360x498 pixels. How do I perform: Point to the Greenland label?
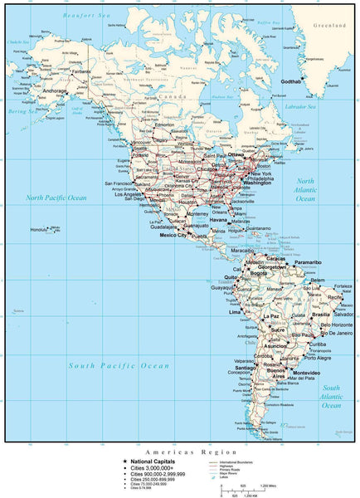[328, 26]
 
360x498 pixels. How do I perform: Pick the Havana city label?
[218, 220]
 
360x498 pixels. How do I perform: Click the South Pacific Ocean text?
[119, 365]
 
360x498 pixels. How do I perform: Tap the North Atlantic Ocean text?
[306, 190]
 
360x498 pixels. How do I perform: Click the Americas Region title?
[179, 452]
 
